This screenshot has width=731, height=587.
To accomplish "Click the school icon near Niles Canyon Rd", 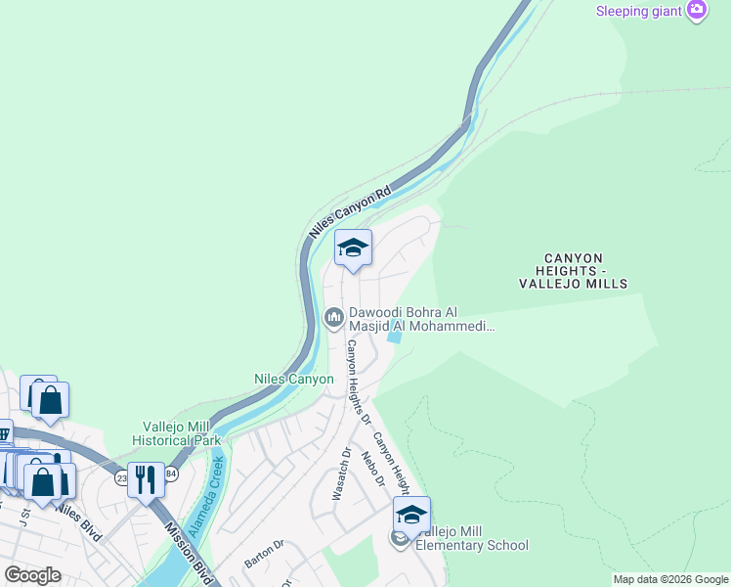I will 353,248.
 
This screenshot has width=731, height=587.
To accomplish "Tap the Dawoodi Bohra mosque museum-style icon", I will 333,316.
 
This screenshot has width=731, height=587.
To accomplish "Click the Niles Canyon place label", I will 294,379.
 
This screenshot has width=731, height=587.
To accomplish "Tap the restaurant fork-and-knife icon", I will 146,479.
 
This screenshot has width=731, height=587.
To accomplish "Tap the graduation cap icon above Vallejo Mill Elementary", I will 411,515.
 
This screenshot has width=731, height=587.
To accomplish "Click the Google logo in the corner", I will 32,575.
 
